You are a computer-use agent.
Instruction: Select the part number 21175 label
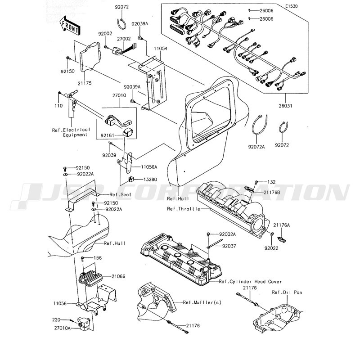tap(85, 83)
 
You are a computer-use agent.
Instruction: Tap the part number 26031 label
tap(285, 106)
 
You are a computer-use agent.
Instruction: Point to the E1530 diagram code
tap(292, 6)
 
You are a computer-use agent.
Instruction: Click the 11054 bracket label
tap(161, 49)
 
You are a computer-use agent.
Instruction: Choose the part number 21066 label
tap(118, 276)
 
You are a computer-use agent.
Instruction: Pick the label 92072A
tap(256, 147)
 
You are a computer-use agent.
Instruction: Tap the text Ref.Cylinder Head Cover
tap(250, 282)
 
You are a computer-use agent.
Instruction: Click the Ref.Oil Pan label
tap(287, 292)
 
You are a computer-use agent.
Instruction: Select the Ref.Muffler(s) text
tap(202, 302)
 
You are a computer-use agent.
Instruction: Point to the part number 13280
tap(150, 179)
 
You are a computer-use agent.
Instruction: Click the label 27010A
tap(63, 328)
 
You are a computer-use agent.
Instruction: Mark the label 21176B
tap(272, 192)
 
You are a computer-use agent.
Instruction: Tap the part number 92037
tap(229, 246)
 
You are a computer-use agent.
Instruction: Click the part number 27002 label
tap(124, 39)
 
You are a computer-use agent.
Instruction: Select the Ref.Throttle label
tap(184, 209)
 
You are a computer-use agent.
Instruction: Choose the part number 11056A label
tap(149, 167)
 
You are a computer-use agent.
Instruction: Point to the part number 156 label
tap(98, 258)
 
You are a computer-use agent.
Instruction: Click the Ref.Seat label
tap(120, 194)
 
